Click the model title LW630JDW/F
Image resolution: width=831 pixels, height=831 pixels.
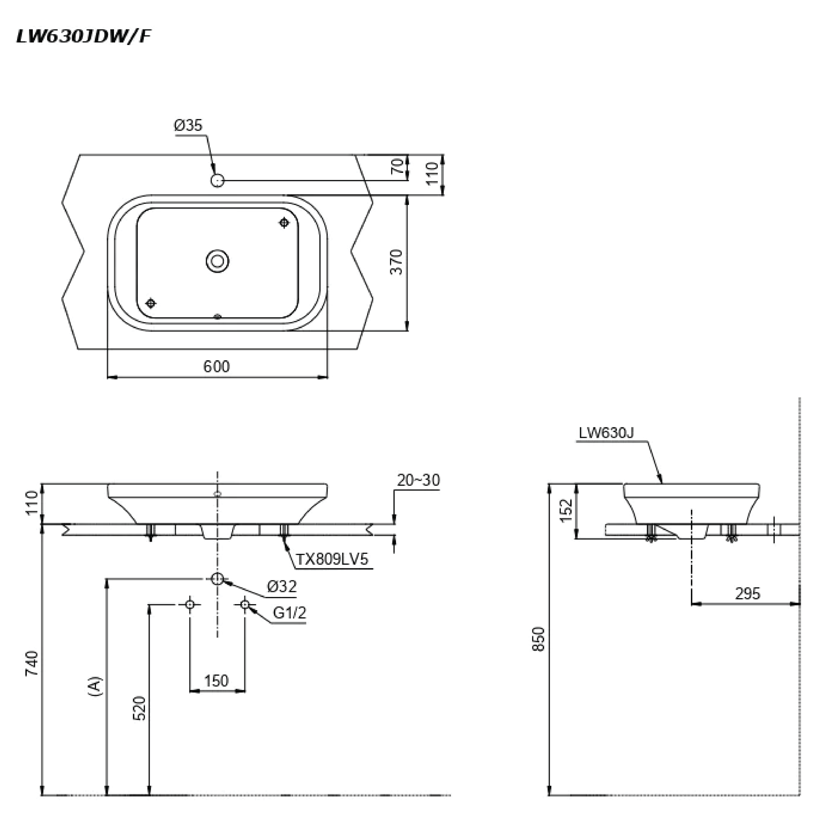(x=84, y=37)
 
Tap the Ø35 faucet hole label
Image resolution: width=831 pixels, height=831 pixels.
(x=188, y=126)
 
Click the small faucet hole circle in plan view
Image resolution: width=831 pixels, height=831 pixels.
(x=217, y=180)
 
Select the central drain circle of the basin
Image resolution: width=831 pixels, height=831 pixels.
(x=217, y=261)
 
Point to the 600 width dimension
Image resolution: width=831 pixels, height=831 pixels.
(x=216, y=366)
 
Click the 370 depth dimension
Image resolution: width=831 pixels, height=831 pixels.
(x=396, y=262)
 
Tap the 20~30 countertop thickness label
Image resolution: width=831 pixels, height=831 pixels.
(x=418, y=480)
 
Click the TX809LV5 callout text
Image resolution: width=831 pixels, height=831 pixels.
(x=332, y=560)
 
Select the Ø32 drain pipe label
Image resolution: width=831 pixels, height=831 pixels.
(x=282, y=587)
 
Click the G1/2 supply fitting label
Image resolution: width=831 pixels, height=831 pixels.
(x=289, y=613)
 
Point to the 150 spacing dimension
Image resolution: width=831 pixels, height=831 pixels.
(x=216, y=681)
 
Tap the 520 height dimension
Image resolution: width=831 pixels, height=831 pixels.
(x=140, y=708)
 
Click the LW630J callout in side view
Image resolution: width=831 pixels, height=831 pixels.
(x=606, y=433)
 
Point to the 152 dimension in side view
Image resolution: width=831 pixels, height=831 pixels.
(x=567, y=510)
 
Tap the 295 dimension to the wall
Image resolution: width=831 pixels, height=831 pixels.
(x=747, y=594)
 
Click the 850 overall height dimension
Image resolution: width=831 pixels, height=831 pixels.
(x=539, y=639)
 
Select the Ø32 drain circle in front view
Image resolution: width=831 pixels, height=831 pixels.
(x=217, y=579)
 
